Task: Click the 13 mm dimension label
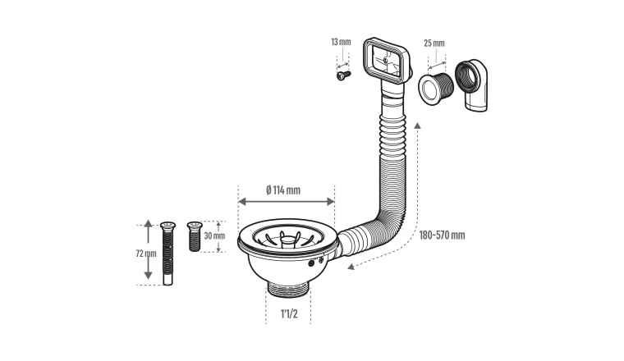[341, 42]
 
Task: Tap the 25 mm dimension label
[434, 43]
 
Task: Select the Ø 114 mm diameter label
[283, 190]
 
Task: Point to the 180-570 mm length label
[442, 235]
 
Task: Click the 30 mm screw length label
[214, 235]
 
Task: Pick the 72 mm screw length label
[146, 254]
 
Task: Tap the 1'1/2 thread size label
[289, 313]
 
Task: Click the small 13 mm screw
[343, 75]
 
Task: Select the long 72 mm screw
[167, 254]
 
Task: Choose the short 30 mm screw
[195, 236]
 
